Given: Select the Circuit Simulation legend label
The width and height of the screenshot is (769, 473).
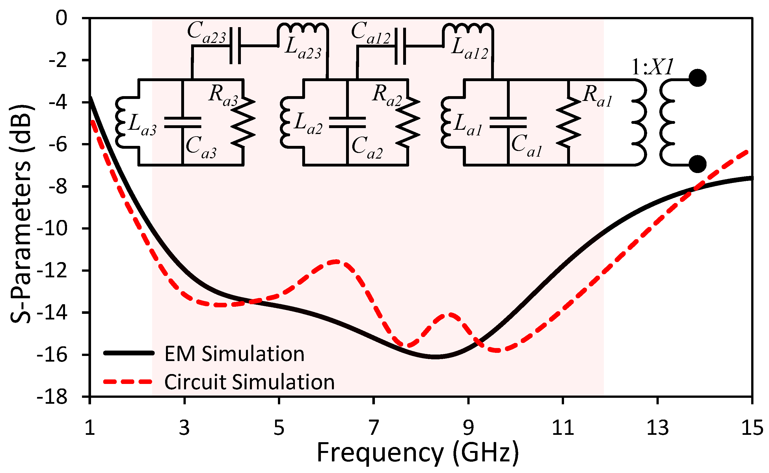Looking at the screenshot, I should click(x=249, y=382).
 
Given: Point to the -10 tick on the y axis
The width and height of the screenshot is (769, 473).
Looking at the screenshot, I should click(x=52, y=229).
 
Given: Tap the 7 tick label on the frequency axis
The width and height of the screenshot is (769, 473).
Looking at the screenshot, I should click(x=374, y=428).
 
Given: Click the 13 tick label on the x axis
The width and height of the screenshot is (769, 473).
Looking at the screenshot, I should click(x=657, y=428).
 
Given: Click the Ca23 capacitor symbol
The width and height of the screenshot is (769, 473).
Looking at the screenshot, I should click(x=235, y=46).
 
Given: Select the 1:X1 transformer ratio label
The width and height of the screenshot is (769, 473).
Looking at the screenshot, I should click(x=652, y=67).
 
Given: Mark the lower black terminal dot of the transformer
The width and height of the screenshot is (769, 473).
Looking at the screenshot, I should click(x=697, y=164).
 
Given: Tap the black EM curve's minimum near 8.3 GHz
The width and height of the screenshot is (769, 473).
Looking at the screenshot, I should click(x=435, y=357).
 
